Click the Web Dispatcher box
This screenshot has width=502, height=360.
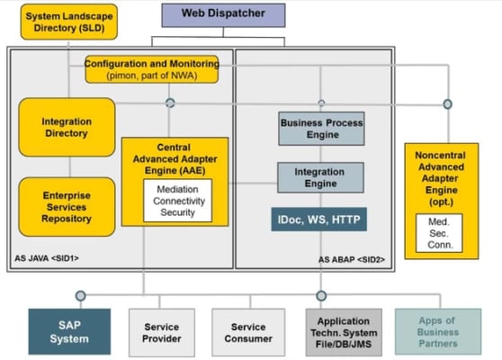click(223, 14)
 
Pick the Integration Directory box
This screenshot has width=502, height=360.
click(66, 127)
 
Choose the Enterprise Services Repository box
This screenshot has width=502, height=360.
click(67, 206)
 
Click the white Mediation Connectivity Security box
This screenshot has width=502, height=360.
click(177, 200)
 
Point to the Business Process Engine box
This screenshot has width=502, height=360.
click(321, 129)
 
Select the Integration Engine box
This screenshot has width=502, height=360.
click(320, 176)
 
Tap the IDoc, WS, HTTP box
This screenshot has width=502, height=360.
click(319, 218)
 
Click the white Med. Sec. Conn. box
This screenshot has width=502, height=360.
click(439, 232)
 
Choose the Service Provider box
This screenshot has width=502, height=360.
click(161, 332)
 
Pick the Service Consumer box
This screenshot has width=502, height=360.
click(247, 332)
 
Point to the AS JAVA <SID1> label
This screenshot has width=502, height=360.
click(47, 258)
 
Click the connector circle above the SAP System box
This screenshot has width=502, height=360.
click(80, 294)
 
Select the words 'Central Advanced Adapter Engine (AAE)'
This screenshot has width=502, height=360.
click(174, 158)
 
